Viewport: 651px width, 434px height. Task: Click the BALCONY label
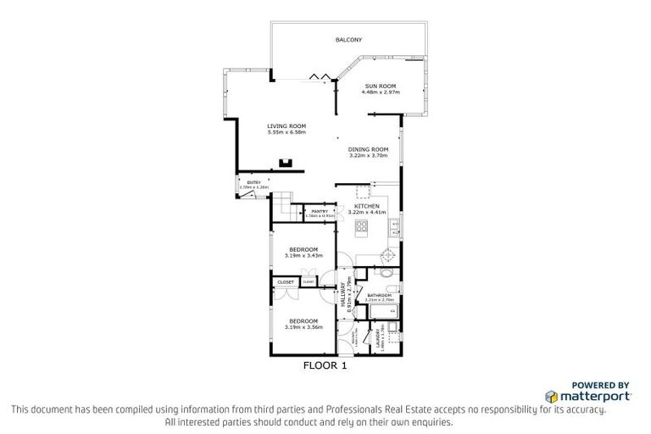pyautogui.click(x=348, y=40)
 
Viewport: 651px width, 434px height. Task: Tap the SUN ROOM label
pyautogui.click(x=381, y=86)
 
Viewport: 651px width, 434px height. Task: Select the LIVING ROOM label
pyautogui.click(x=286, y=126)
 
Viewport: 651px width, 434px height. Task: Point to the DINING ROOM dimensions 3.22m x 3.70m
pyautogui.click(x=368, y=156)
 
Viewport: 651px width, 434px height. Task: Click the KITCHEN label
pyautogui.click(x=368, y=206)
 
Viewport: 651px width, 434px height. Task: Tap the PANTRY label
pyautogui.click(x=320, y=211)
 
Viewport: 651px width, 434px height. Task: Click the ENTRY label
pyautogui.click(x=253, y=182)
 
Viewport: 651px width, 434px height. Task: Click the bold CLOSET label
pyautogui.click(x=285, y=282)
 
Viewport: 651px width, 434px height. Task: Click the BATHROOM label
pyautogui.click(x=380, y=295)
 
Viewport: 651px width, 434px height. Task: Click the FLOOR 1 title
pyautogui.click(x=325, y=367)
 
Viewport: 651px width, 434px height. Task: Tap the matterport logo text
pyautogui.click(x=594, y=396)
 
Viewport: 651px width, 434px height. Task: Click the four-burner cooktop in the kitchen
pyautogui.click(x=361, y=225)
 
